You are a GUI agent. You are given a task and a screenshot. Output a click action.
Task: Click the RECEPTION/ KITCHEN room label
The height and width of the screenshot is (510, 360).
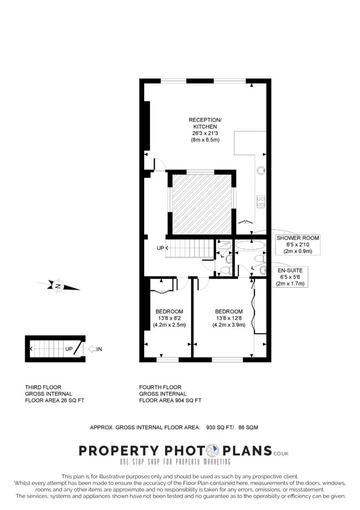pyautogui.click(x=205, y=123)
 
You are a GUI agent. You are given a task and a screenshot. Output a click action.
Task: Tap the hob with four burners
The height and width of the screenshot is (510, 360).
pyautogui.click(x=261, y=202)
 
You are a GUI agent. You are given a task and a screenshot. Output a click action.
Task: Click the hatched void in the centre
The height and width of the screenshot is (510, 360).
pyautogui.click(x=202, y=204)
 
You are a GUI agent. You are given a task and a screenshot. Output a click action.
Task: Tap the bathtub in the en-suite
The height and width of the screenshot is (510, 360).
pyautogui.click(x=250, y=245)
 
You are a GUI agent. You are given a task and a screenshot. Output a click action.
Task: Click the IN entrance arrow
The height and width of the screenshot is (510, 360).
pyautogui.click(x=95, y=350)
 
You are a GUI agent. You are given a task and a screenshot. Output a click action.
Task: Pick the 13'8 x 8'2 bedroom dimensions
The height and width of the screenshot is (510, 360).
pyautogui.click(x=169, y=319)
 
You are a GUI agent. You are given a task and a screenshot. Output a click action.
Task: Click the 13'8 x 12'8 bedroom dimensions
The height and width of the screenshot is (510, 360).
pyautogui.click(x=229, y=319)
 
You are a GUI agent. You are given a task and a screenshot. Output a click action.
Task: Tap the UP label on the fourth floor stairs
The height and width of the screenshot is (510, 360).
pyautogui.click(x=160, y=248)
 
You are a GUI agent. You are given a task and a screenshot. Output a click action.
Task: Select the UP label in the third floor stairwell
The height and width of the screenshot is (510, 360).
pyautogui.click(x=69, y=349)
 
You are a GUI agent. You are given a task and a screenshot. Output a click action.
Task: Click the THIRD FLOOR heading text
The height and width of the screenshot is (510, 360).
pyautogui.click(x=43, y=388)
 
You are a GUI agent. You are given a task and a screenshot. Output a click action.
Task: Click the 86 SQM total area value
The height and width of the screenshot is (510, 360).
pyautogui.click(x=248, y=427)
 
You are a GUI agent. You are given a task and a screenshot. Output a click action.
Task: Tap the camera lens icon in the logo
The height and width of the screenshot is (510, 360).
pyautogui.click(x=212, y=451)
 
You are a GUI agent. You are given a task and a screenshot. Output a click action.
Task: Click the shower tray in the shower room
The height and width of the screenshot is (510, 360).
pyautogui.click(x=224, y=245)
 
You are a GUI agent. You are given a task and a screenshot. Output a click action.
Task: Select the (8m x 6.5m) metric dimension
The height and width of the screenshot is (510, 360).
pyautogui.click(x=205, y=140)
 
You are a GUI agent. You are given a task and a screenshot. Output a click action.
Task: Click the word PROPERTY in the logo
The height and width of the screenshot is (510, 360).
pyautogui.click(x=119, y=451)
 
